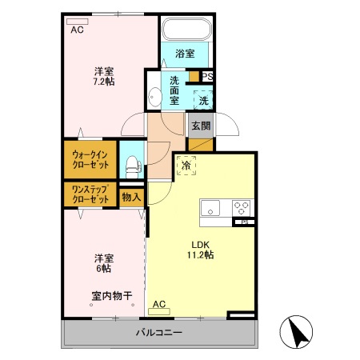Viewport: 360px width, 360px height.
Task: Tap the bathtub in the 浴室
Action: pyautogui.click(x=186, y=30)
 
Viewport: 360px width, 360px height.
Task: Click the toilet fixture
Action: pyautogui.click(x=132, y=166)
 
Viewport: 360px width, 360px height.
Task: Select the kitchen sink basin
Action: pyautogui.click(x=212, y=210)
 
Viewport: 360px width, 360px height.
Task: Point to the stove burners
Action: pyautogui.click(x=242, y=208)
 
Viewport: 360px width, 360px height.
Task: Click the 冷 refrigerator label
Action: pyautogui.click(x=186, y=166)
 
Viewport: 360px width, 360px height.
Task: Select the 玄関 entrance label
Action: pyautogui.click(x=199, y=125)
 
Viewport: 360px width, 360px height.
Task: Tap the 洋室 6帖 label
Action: pyautogui.click(x=103, y=263)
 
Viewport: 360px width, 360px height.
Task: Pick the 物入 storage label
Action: pyautogui.click(x=130, y=196)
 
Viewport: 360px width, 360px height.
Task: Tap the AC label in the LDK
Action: pyautogui.click(x=158, y=304)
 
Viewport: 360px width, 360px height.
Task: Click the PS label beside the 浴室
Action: pyautogui.click(x=206, y=77)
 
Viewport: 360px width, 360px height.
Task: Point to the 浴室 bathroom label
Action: pyautogui.click(x=186, y=54)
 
